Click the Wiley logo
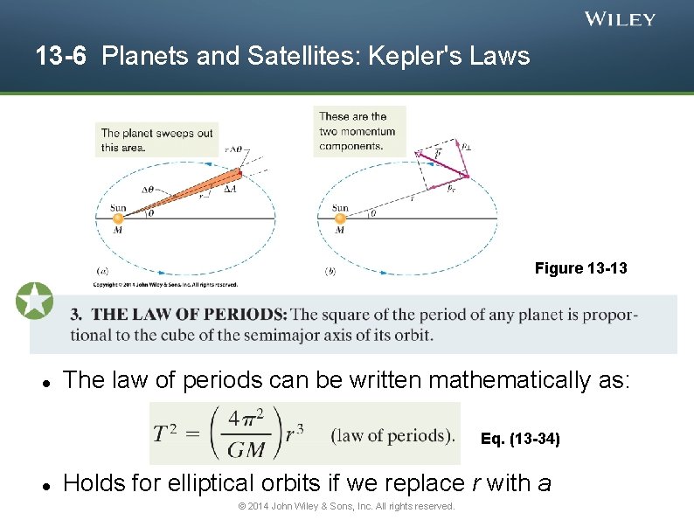(620, 19)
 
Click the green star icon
(34, 301)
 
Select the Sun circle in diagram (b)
(340, 218)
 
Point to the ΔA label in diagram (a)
(230, 188)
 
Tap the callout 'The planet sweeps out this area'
(156, 140)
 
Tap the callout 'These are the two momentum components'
(357, 131)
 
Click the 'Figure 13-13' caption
(580, 268)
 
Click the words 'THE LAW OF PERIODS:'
(189, 315)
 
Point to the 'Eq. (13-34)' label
(520, 439)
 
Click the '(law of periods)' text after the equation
(393, 433)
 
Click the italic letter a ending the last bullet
(544, 482)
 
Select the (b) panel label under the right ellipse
(330, 272)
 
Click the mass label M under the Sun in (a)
(118, 231)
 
